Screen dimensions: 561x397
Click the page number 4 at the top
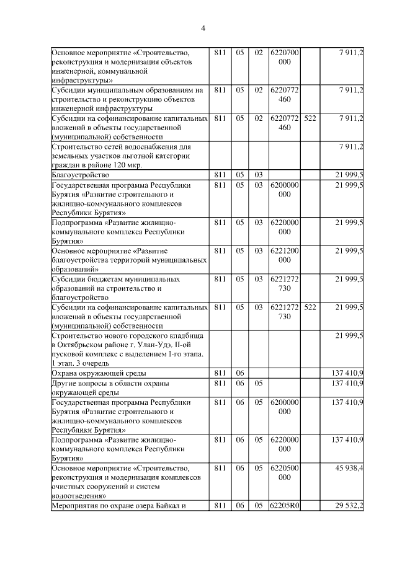point(203,28)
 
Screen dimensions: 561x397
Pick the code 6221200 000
point(284,255)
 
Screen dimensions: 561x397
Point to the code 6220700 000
point(284,58)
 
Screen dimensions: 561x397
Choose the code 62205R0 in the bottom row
point(284,506)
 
